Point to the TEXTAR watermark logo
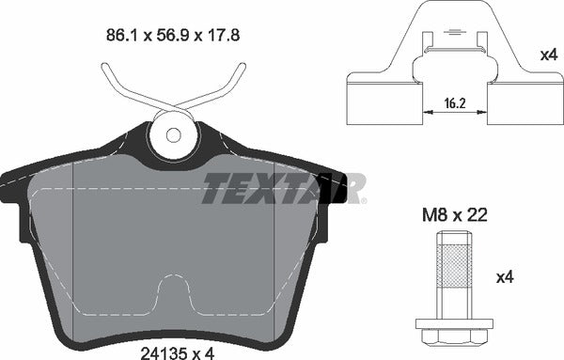(283, 188)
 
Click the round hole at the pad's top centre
(172, 133)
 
